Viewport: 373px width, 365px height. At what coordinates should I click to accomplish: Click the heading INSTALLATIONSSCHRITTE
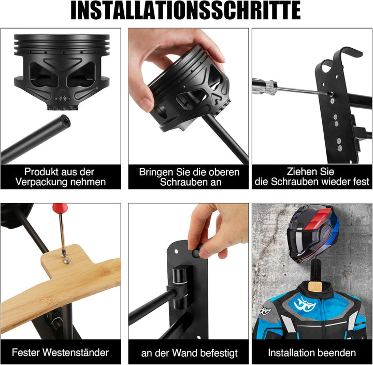click(x=186, y=11)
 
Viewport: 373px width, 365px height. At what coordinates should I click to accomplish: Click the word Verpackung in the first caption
click(x=41, y=182)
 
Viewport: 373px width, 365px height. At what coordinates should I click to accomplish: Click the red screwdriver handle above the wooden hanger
click(x=60, y=208)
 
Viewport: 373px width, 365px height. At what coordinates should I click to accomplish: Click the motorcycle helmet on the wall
click(x=313, y=233)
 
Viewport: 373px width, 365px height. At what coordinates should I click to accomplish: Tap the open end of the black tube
click(x=65, y=120)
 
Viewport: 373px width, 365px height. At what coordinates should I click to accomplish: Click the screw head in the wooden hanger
click(x=67, y=262)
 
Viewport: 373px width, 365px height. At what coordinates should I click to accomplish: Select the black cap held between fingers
click(x=196, y=253)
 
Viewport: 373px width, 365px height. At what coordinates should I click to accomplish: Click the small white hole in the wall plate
click(x=176, y=251)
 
